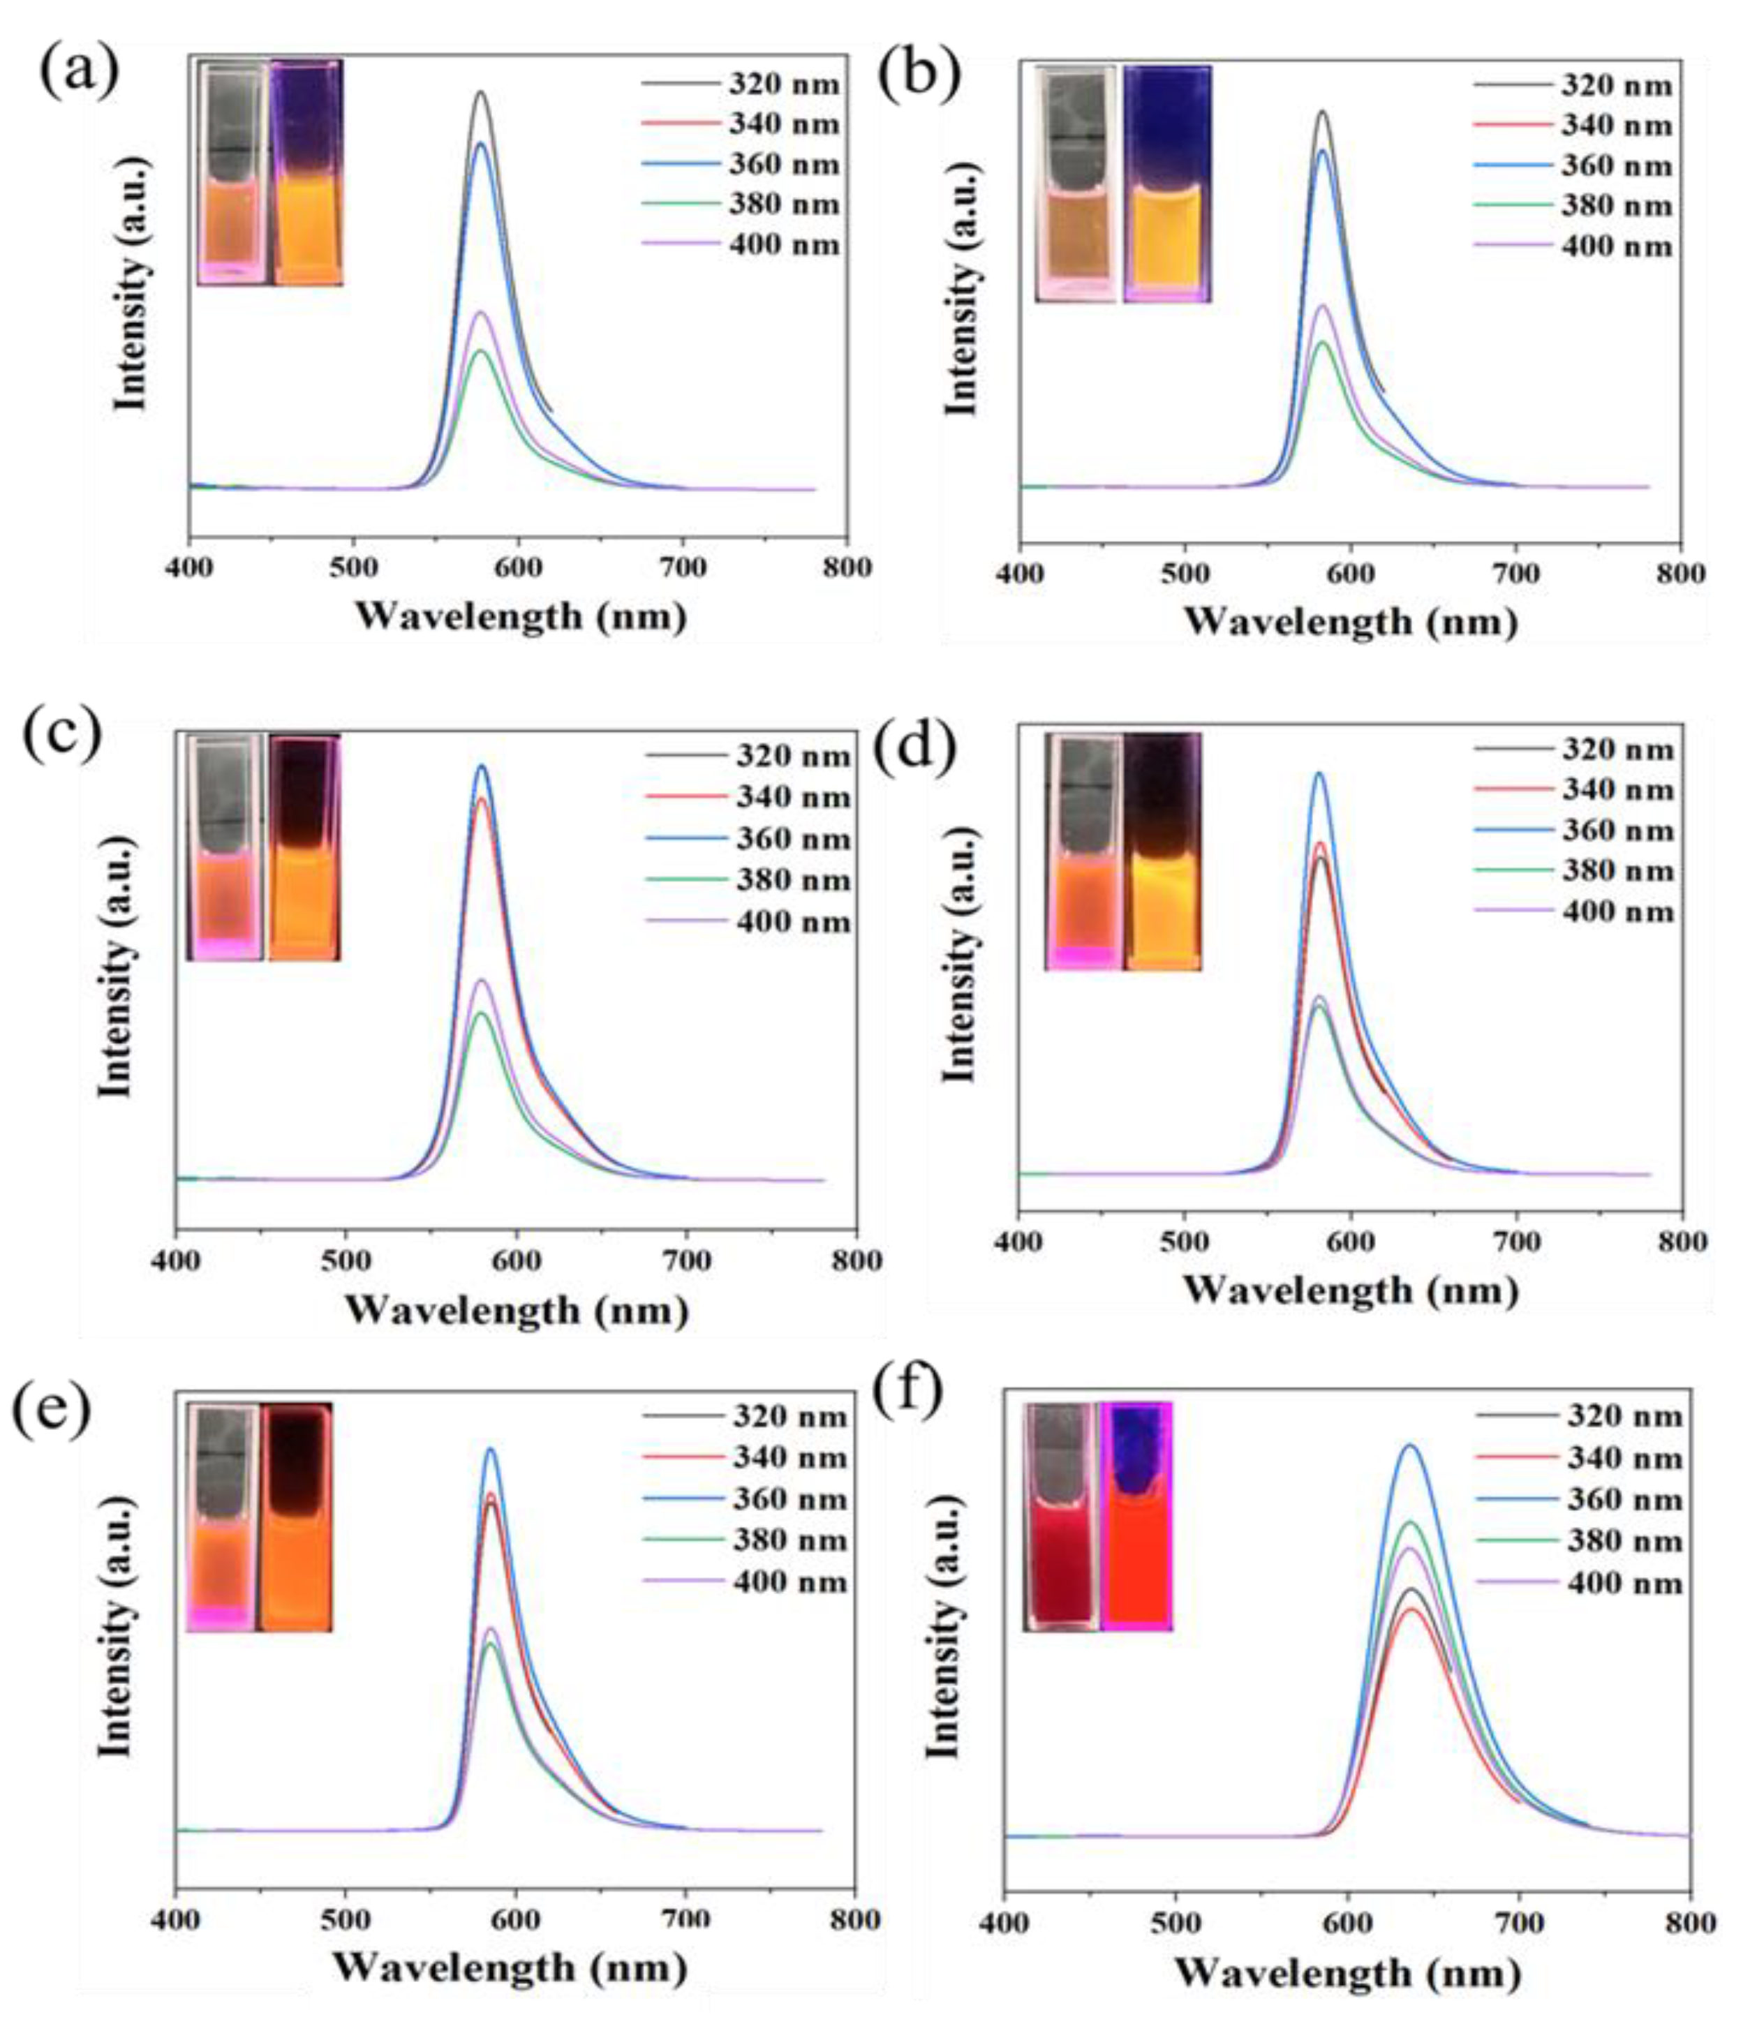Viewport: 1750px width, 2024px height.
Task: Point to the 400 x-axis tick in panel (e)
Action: pyautogui.click(x=177, y=1919)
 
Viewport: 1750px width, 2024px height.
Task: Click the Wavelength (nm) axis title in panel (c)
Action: pyautogui.click(x=516, y=1310)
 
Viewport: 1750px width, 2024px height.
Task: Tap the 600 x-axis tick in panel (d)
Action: pyautogui.click(x=1349, y=1242)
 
